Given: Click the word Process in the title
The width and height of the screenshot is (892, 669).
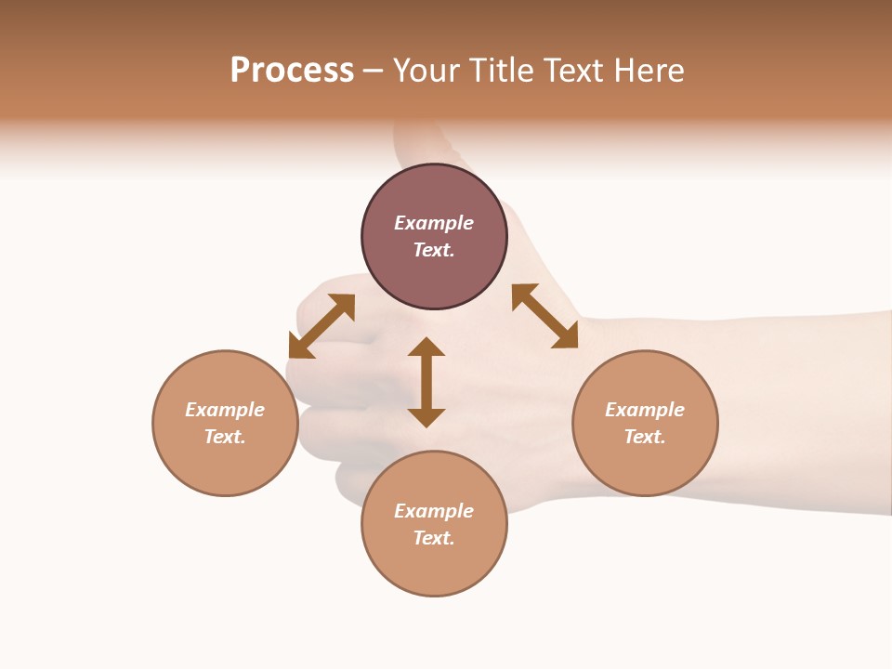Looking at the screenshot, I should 292,71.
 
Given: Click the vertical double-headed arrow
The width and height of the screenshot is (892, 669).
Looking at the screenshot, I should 426,383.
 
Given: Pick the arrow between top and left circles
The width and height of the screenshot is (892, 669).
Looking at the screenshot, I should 321,326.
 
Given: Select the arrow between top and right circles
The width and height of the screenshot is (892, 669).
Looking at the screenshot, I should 544,316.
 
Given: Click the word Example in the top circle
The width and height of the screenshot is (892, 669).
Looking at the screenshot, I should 434,223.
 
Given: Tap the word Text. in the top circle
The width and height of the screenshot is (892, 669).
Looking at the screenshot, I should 434,250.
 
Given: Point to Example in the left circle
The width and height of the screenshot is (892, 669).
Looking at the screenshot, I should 225,410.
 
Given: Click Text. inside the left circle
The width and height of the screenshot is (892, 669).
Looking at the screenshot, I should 225,437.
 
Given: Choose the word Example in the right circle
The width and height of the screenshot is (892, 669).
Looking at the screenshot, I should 645,410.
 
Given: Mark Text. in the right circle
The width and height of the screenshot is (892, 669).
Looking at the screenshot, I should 645,437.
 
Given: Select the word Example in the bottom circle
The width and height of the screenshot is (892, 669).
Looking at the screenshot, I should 434,511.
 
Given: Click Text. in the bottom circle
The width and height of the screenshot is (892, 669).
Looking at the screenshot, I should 434,538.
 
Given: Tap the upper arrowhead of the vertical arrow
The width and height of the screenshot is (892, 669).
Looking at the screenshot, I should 426,347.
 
